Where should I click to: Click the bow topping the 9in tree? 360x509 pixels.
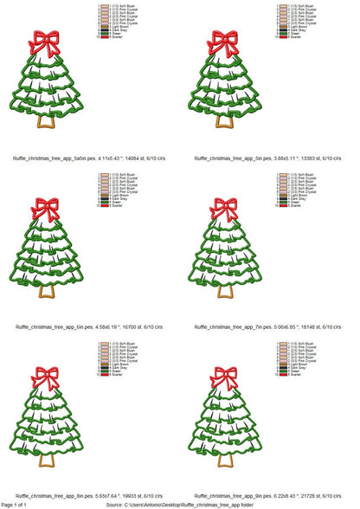point(225,377)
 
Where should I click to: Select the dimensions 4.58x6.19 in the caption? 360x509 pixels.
point(106,327)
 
